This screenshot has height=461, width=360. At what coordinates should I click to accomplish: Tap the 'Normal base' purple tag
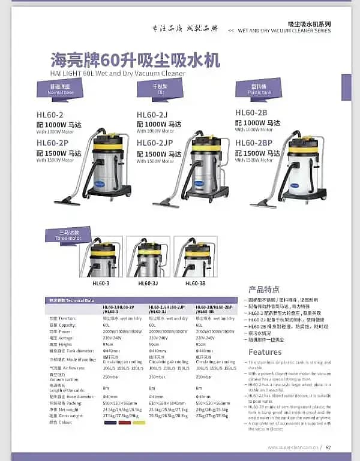click(x=61, y=90)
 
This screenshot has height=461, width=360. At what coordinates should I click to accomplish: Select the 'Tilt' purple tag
click(x=160, y=89)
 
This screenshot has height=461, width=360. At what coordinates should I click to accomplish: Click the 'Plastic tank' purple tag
click(x=259, y=90)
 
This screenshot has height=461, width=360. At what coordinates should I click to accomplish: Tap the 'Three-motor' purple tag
click(x=67, y=234)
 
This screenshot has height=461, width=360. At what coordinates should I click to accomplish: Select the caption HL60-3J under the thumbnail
click(x=148, y=282)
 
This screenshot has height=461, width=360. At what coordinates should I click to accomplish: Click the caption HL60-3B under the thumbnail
click(x=196, y=282)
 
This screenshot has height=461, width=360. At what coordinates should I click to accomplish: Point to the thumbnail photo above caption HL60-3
click(x=101, y=257)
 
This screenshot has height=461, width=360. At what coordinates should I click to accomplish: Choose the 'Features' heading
click(x=265, y=352)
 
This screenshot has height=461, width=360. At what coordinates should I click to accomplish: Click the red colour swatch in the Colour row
click(x=124, y=422)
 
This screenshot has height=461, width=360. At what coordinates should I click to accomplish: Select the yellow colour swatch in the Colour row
click(x=139, y=422)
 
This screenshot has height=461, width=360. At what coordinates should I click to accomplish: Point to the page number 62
click(x=328, y=447)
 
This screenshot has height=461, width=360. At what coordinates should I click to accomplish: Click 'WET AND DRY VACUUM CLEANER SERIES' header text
click(x=284, y=31)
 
